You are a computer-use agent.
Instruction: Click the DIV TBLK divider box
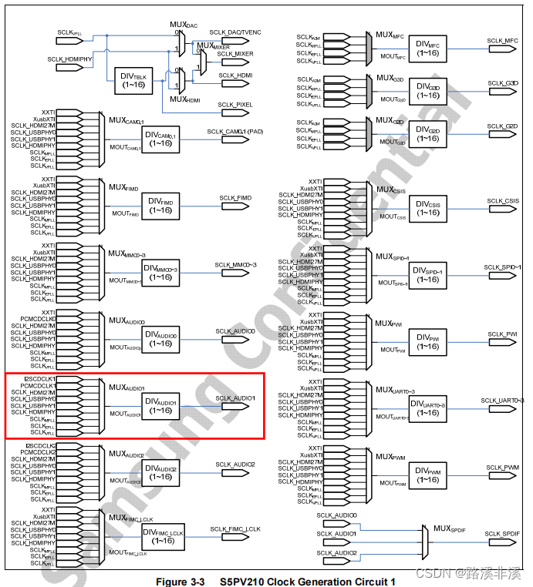point(139,79)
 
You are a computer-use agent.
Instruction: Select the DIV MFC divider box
point(427,49)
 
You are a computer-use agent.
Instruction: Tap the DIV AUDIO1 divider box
point(160,406)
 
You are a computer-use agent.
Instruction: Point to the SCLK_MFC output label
point(503,40)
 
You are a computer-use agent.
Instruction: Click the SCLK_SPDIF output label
point(501,533)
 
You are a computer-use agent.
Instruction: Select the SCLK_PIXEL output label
point(235,104)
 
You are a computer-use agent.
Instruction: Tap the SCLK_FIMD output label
point(235,198)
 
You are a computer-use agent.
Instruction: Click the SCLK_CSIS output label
point(503,201)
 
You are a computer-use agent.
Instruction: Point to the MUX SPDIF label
point(453,528)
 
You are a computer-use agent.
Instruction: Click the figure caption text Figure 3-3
point(180,582)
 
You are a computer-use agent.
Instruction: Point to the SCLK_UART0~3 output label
point(502,401)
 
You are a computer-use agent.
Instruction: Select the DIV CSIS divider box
point(427,208)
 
